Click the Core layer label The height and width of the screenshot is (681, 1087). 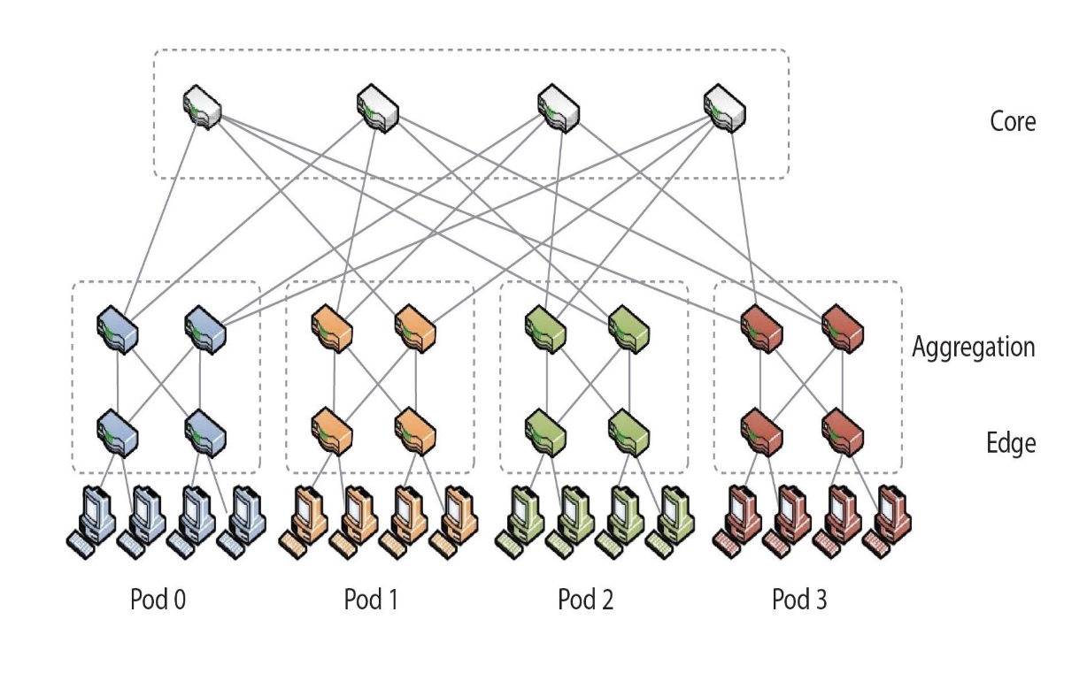pyautogui.click(x=1013, y=120)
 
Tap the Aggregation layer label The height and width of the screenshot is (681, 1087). pyautogui.click(x=973, y=346)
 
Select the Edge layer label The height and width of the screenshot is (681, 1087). pyautogui.click(x=1011, y=442)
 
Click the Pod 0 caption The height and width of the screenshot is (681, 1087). pyautogui.click(x=158, y=600)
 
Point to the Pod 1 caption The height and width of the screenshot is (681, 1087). pyautogui.click(x=371, y=600)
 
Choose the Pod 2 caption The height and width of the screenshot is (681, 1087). pyautogui.click(x=585, y=600)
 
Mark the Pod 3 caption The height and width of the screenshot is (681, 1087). pyautogui.click(x=799, y=600)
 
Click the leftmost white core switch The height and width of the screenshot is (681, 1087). pyautogui.click(x=203, y=107)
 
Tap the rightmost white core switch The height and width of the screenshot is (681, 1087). pyautogui.click(x=725, y=107)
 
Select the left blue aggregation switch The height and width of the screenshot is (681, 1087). pyautogui.click(x=118, y=329)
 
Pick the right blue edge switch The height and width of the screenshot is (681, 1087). pyautogui.click(x=205, y=430)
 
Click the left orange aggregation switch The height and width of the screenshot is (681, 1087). pyautogui.click(x=332, y=329)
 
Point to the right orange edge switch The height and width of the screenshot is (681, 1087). pyautogui.click(x=416, y=430)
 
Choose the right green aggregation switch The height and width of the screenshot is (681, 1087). pyautogui.click(x=629, y=329)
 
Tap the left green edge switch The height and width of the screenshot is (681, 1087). pyautogui.click(x=545, y=430)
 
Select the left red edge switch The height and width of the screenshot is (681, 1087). pyautogui.click(x=760, y=430)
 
